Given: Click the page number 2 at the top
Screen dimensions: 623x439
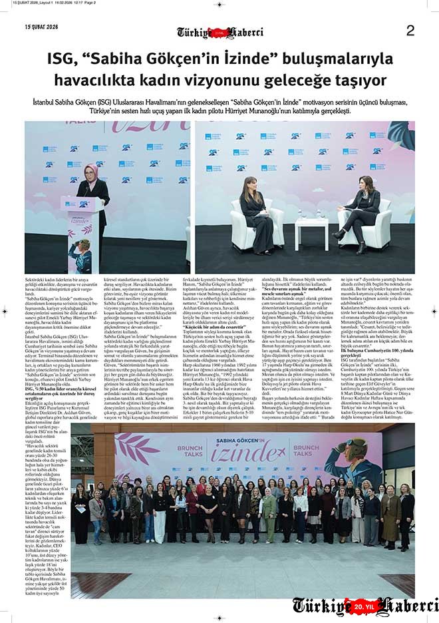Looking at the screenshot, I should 410,30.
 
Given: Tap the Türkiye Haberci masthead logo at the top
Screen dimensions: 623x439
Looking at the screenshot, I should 219,32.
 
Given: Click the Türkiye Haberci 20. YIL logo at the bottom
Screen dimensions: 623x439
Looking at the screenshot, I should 365,606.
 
